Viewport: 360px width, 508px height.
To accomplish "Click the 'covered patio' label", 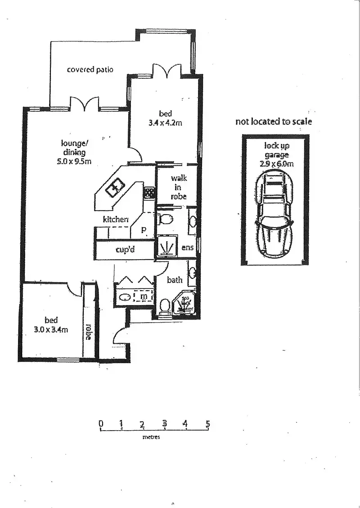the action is click(x=90, y=70).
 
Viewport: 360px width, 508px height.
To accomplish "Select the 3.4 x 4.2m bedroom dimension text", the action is click(x=165, y=122).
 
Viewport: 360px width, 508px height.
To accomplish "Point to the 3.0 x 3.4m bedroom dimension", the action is click(x=51, y=329).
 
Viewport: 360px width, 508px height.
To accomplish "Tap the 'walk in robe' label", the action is click(x=179, y=187).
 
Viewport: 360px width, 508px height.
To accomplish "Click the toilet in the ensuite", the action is click(x=166, y=220).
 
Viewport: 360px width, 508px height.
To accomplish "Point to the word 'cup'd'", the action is click(x=125, y=250).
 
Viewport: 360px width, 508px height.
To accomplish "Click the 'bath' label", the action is click(x=175, y=280).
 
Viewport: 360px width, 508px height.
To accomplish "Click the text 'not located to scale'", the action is click(x=274, y=122).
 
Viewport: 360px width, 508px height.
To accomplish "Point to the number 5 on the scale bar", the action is click(x=207, y=423).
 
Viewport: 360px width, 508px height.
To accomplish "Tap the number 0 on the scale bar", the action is click(x=101, y=423).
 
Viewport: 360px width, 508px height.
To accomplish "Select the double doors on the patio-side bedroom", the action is click(x=167, y=71).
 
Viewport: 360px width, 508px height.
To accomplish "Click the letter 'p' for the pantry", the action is click(x=144, y=229).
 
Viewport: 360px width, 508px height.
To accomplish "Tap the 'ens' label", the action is click(x=188, y=248).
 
